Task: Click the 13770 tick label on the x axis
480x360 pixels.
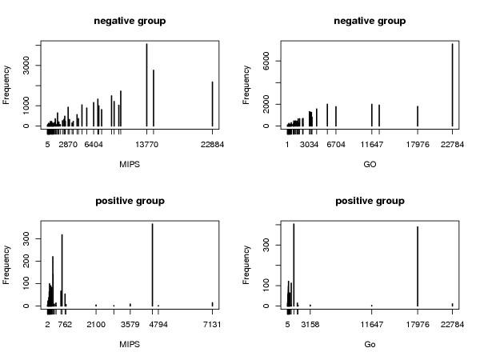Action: pyautogui.click(x=146, y=145)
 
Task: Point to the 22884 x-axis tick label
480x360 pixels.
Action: pyautogui.click(x=212, y=145)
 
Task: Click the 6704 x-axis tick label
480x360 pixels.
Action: pyautogui.click(x=334, y=145)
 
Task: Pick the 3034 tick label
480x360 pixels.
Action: pyautogui.click(x=310, y=145)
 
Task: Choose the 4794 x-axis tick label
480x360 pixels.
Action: pyautogui.click(x=152, y=325)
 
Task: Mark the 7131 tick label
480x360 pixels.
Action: pyautogui.click(x=212, y=325)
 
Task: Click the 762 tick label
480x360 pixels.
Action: pyautogui.click(x=65, y=325)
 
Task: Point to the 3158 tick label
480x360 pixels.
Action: pyautogui.click(x=310, y=325)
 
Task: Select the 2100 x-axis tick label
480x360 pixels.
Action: pyautogui.click(x=96, y=325)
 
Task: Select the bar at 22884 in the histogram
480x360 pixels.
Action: pyautogui.click(x=212, y=103)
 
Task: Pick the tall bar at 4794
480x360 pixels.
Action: pyautogui.click(x=152, y=264)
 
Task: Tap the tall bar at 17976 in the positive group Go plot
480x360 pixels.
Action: pyautogui.click(x=418, y=266)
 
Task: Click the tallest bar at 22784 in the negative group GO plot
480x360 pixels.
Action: pyautogui.click(x=452, y=84)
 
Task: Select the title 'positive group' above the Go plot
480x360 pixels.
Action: pyautogui.click(x=369, y=201)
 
